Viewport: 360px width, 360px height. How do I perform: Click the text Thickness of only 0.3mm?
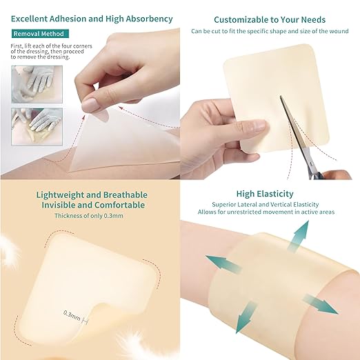click(x=90, y=216)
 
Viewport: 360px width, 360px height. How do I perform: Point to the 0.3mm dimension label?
click(x=72, y=314)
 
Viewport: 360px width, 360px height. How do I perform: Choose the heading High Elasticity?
click(x=264, y=194)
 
